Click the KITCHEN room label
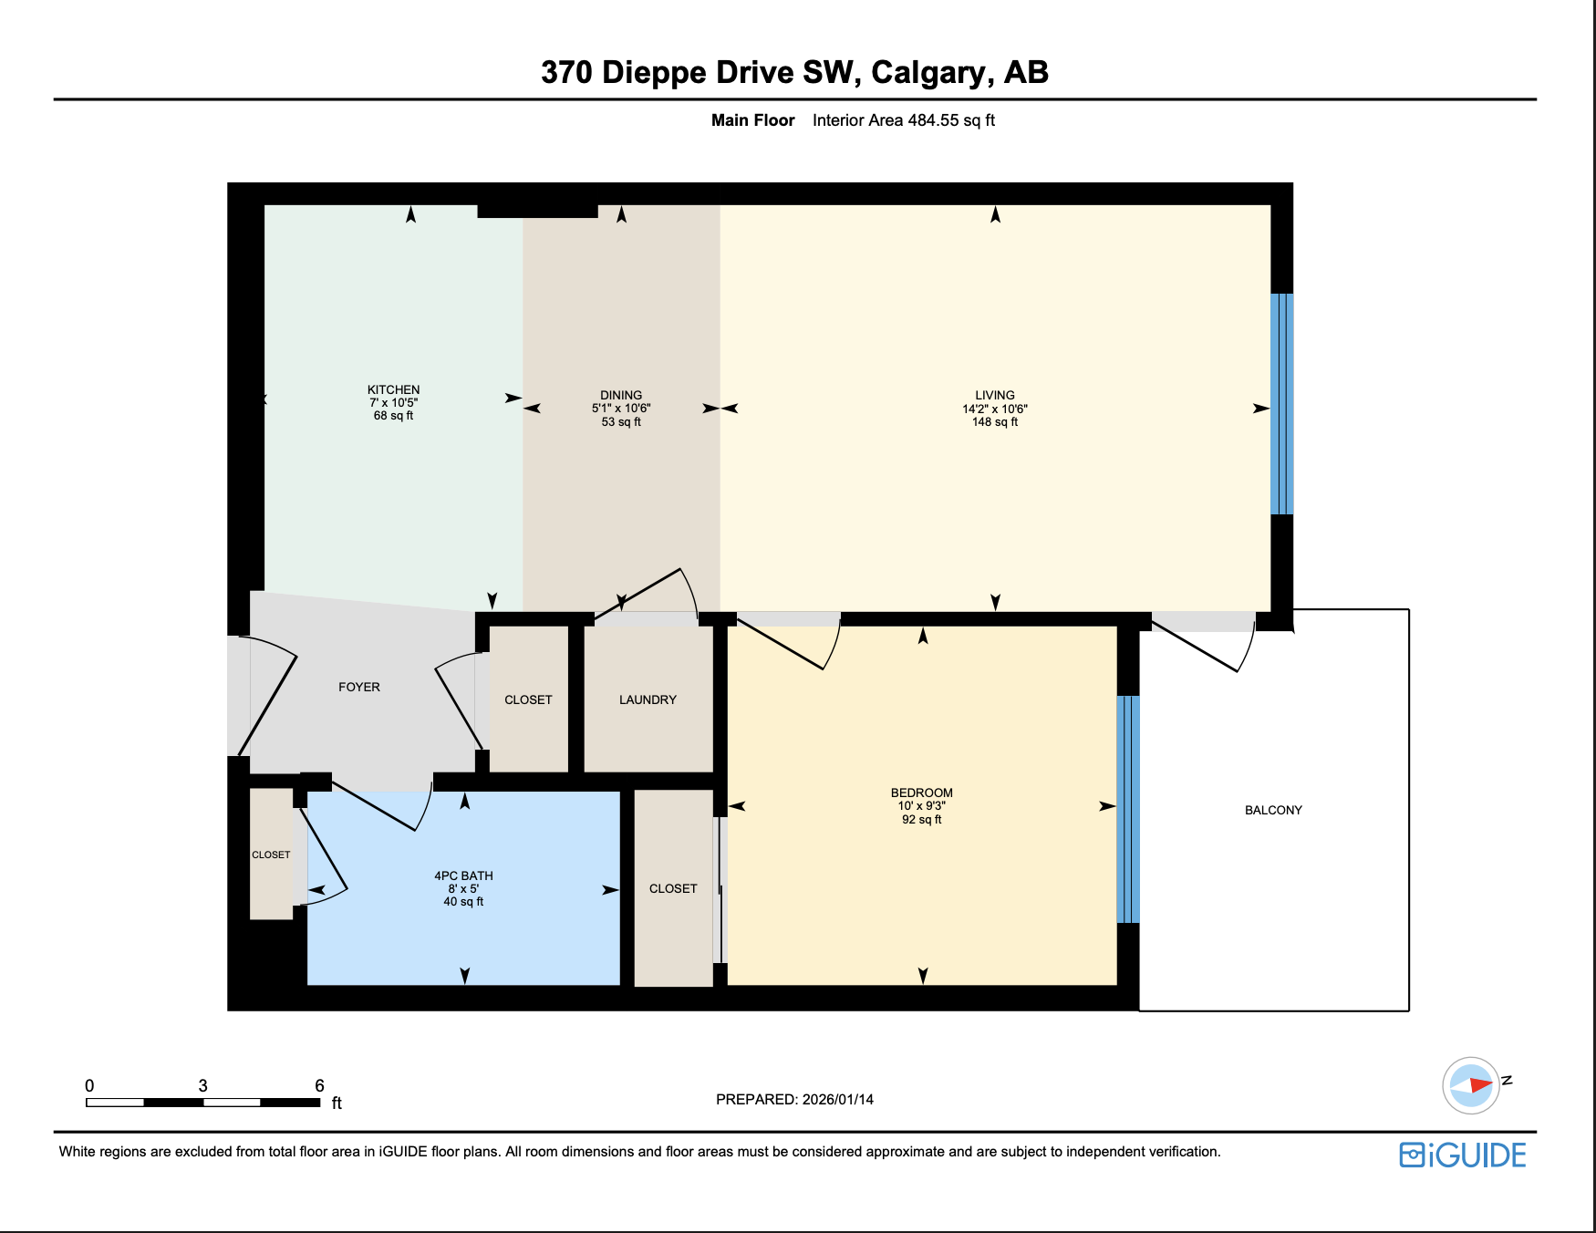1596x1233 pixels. pyautogui.click(x=393, y=389)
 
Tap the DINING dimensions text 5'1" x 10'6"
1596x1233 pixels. pyautogui.click(x=621, y=409)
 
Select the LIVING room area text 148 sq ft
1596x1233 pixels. pyautogui.click(x=994, y=422)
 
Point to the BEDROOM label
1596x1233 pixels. pyautogui.click(x=921, y=793)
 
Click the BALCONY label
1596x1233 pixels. pyautogui.click(x=1273, y=810)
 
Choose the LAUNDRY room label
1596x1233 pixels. pyautogui.click(x=648, y=699)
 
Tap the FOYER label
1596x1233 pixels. pyautogui.click(x=358, y=687)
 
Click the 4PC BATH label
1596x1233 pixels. pyautogui.click(x=463, y=876)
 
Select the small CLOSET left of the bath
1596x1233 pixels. pyautogui.click(x=271, y=855)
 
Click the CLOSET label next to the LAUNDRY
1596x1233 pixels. pyautogui.click(x=528, y=699)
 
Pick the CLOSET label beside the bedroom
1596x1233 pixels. pyautogui.click(x=673, y=888)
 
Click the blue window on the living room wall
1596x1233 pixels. pyautogui.click(x=1281, y=404)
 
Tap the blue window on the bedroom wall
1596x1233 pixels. pyautogui.click(x=1128, y=810)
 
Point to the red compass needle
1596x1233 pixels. pyautogui.click(x=1480, y=1085)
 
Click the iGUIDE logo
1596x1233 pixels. pyautogui.click(x=1463, y=1155)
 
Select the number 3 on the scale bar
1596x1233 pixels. pyautogui.click(x=202, y=1085)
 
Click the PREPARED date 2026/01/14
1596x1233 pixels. pyautogui.click(x=837, y=1099)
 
